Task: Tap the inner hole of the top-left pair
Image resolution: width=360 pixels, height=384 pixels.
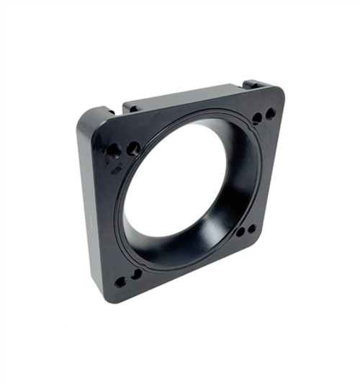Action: click(x=134, y=148)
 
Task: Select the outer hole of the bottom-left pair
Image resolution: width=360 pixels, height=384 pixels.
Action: click(x=120, y=282)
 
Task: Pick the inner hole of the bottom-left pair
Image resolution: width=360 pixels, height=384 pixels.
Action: click(x=136, y=274)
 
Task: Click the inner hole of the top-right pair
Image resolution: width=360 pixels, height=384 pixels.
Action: click(x=257, y=118)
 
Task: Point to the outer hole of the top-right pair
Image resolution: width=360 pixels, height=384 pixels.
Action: click(x=270, y=114)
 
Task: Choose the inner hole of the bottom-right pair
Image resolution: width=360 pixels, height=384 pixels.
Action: click(x=240, y=233)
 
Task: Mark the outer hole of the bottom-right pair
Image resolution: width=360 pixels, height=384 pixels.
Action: click(x=252, y=229)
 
